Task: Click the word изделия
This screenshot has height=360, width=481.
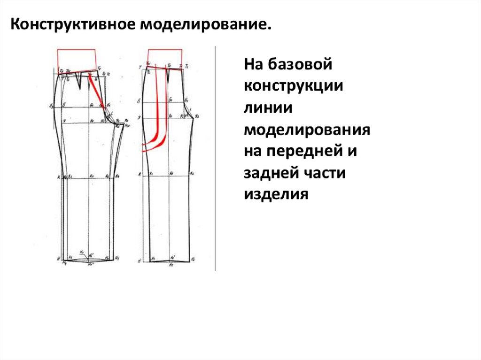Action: pos(276,194)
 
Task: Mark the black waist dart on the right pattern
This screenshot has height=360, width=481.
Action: pos(167,75)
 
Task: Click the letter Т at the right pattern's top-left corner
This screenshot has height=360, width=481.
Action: pos(140,68)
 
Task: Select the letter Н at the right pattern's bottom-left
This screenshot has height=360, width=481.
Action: pos(140,260)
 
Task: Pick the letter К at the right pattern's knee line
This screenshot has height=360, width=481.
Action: pos(140,174)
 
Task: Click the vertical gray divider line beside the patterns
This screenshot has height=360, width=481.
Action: pos(215,160)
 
